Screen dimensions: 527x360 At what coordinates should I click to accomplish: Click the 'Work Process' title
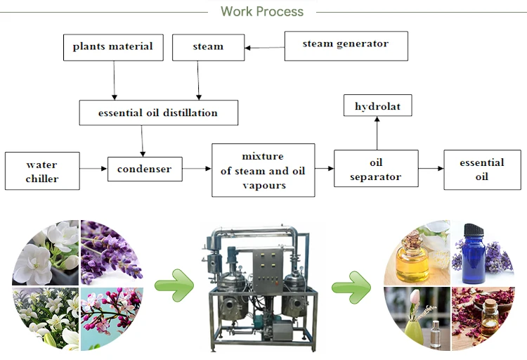point(262,11)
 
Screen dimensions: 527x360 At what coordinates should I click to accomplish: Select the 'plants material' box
point(113,47)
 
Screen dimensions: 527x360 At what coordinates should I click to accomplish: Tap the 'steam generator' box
point(346,46)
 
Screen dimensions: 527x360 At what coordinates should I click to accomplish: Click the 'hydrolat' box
point(377,105)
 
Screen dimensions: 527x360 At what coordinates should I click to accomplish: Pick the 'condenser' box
point(145,169)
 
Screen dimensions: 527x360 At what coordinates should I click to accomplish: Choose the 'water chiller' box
point(42,171)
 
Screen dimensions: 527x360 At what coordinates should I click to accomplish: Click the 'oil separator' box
point(376,169)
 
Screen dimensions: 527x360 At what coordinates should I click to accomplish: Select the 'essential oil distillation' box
point(159,112)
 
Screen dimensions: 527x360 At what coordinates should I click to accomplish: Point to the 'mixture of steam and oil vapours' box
point(263,170)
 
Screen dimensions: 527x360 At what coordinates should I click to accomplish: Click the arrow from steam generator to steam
point(264,48)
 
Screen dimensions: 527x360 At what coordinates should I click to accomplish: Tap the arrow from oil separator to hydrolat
point(377,133)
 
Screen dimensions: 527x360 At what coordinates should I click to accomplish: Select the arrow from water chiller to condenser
point(93,169)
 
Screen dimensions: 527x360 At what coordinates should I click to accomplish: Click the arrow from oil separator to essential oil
point(431,168)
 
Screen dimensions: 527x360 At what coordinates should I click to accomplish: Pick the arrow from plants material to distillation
point(115,80)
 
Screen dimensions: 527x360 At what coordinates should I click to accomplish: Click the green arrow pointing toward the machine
point(174,285)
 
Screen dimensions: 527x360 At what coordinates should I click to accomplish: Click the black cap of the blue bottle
point(474,230)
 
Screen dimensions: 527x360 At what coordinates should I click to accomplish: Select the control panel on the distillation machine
point(267,271)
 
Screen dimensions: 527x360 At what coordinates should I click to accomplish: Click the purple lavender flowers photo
point(111,252)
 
